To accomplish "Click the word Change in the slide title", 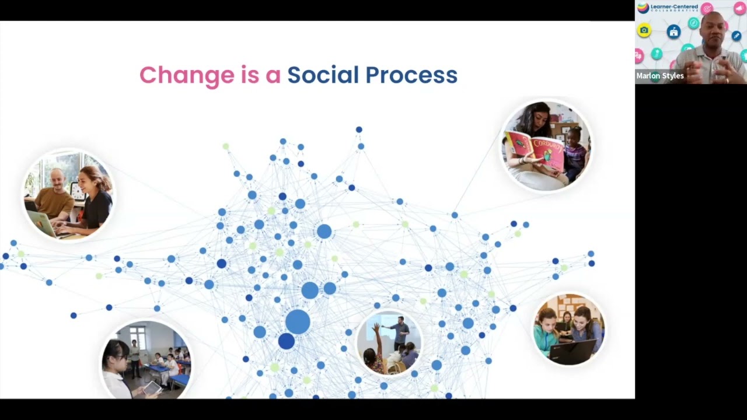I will click(187, 75).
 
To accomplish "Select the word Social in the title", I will click(323, 75).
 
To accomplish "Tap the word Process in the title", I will click(411, 75).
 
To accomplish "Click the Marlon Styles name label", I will click(660, 76).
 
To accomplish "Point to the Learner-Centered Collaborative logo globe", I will click(643, 8).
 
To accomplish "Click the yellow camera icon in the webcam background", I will click(644, 30).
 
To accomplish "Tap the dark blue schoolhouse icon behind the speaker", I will click(673, 32).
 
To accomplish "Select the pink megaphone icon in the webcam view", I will click(740, 8).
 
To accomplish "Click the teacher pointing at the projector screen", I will click(400, 331).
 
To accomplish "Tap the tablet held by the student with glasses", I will click(152, 387).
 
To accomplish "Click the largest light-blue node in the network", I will click(298, 322).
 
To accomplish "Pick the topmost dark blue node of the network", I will click(359, 129).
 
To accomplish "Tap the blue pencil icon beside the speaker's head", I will click(736, 36).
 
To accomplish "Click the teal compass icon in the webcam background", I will click(693, 23).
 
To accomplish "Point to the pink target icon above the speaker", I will click(707, 8).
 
